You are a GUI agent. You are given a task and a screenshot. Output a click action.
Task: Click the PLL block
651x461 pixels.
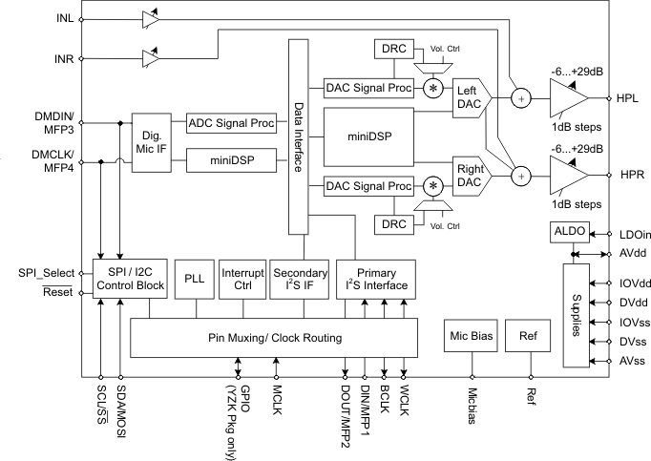(194, 278)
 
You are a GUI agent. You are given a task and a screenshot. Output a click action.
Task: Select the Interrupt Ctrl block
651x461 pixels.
(241, 278)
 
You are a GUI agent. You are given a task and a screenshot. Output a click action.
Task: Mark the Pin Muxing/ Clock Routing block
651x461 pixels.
(274, 337)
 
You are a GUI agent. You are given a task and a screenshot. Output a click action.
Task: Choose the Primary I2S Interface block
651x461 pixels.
(375, 278)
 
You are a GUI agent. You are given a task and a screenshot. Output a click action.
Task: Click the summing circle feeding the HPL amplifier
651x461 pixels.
(520, 97)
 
